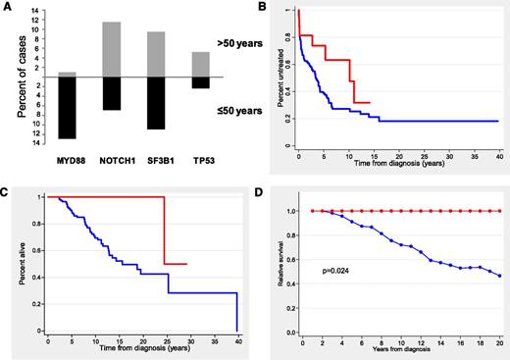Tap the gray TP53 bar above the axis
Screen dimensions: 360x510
coord(199,65)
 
